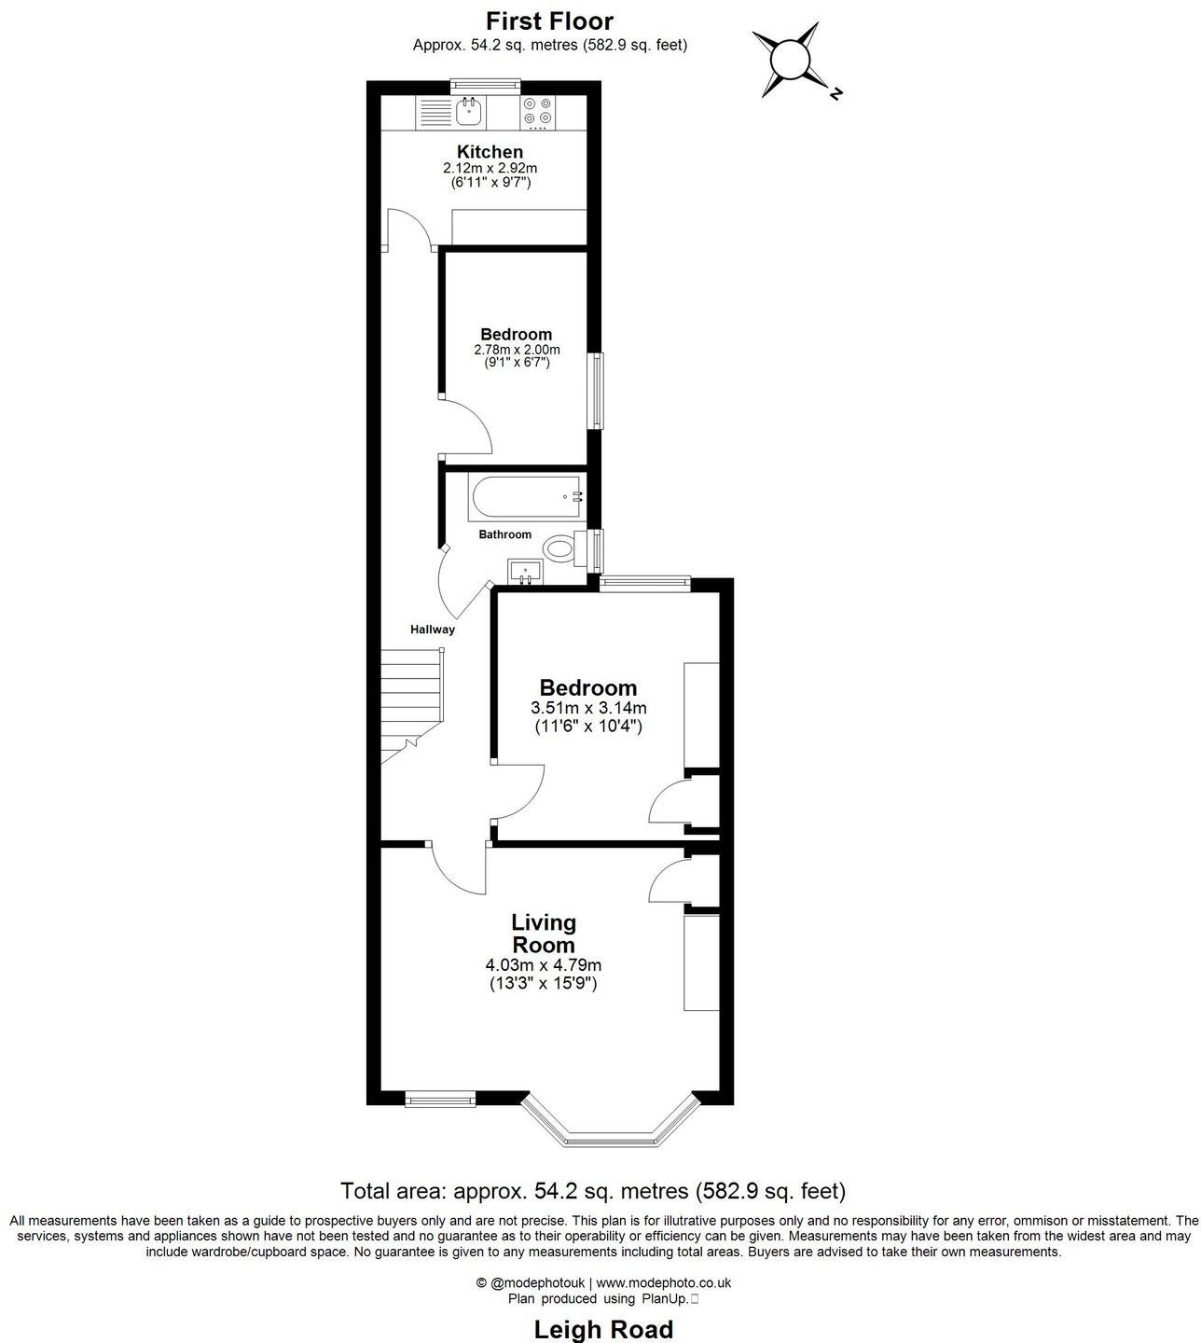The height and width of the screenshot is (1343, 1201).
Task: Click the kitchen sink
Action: click(x=469, y=112)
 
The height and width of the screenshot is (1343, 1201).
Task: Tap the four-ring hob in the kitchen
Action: click(x=538, y=112)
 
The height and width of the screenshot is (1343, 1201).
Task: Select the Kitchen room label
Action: click(x=490, y=152)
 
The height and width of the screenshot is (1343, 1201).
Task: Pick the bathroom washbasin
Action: click(x=525, y=571)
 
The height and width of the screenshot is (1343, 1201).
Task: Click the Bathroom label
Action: click(x=504, y=534)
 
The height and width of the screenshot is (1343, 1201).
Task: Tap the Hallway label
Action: click(x=433, y=630)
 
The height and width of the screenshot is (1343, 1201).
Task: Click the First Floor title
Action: click(x=550, y=21)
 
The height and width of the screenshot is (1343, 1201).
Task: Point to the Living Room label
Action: click(x=544, y=934)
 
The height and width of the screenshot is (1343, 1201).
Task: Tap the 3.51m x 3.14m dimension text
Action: click(x=588, y=708)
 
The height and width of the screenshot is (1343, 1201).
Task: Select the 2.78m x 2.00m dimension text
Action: click(x=517, y=350)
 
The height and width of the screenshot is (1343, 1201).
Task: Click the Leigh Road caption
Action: click(x=602, y=1328)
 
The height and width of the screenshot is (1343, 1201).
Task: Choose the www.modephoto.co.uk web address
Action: click(x=663, y=1282)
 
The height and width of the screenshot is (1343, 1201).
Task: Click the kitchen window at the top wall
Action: click(x=485, y=86)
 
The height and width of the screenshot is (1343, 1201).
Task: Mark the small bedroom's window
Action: click(x=594, y=390)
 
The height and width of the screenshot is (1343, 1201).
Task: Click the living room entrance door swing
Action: click(x=462, y=869)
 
